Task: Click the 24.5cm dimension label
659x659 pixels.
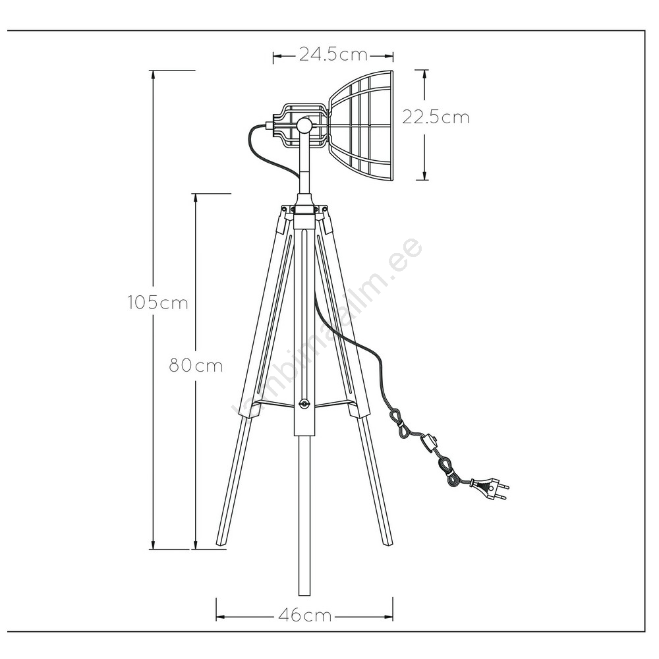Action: pyautogui.click(x=333, y=55)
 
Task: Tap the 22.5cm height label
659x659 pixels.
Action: pyautogui.click(x=436, y=117)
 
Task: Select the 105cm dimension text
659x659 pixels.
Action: pyautogui.click(x=158, y=302)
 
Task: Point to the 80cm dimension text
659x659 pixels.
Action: pyautogui.click(x=196, y=365)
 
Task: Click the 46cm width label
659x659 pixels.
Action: pyautogui.click(x=305, y=616)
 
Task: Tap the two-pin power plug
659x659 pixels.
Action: pyautogui.click(x=490, y=489)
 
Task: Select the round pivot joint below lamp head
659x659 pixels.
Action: pyautogui.click(x=303, y=125)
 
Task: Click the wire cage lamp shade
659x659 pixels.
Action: pyautogui.click(x=360, y=125)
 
